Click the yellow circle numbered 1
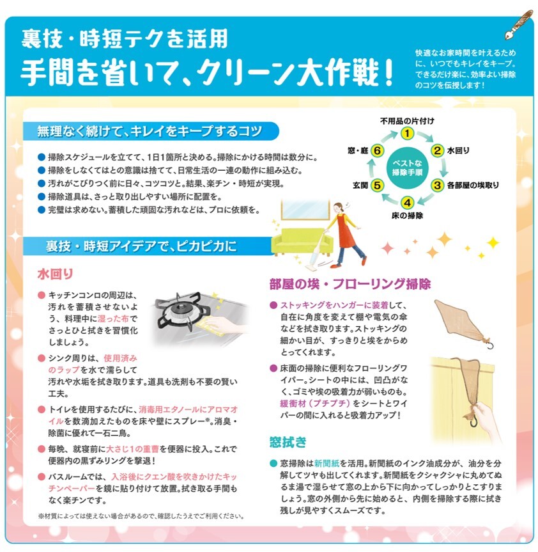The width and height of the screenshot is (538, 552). click(407, 134)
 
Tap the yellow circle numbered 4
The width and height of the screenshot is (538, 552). click(407, 203)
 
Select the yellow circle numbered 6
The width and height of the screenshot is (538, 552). click(378, 151)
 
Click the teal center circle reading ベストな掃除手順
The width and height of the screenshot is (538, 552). click(407, 168)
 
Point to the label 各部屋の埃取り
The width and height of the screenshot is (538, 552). click(473, 185)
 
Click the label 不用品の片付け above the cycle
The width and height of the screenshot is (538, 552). click(407, 121)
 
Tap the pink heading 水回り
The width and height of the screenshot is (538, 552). click(55, 274)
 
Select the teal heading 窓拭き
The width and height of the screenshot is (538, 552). click(288, 442)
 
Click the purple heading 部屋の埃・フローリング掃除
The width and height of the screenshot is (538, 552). click(350, 284)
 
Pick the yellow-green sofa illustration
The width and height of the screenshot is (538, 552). click(302, 242)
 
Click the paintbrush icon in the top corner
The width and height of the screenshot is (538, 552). click(519, 25)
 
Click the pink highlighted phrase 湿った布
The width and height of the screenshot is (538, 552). click(113, 319)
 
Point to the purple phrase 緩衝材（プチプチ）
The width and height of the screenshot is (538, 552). click(315, 404)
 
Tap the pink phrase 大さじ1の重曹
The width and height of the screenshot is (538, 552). click(132, 449)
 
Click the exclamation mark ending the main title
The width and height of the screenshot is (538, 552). click(388, 72)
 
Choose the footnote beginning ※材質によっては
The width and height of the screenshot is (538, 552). click(141, 516)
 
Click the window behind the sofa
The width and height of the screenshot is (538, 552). click(305, 210)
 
